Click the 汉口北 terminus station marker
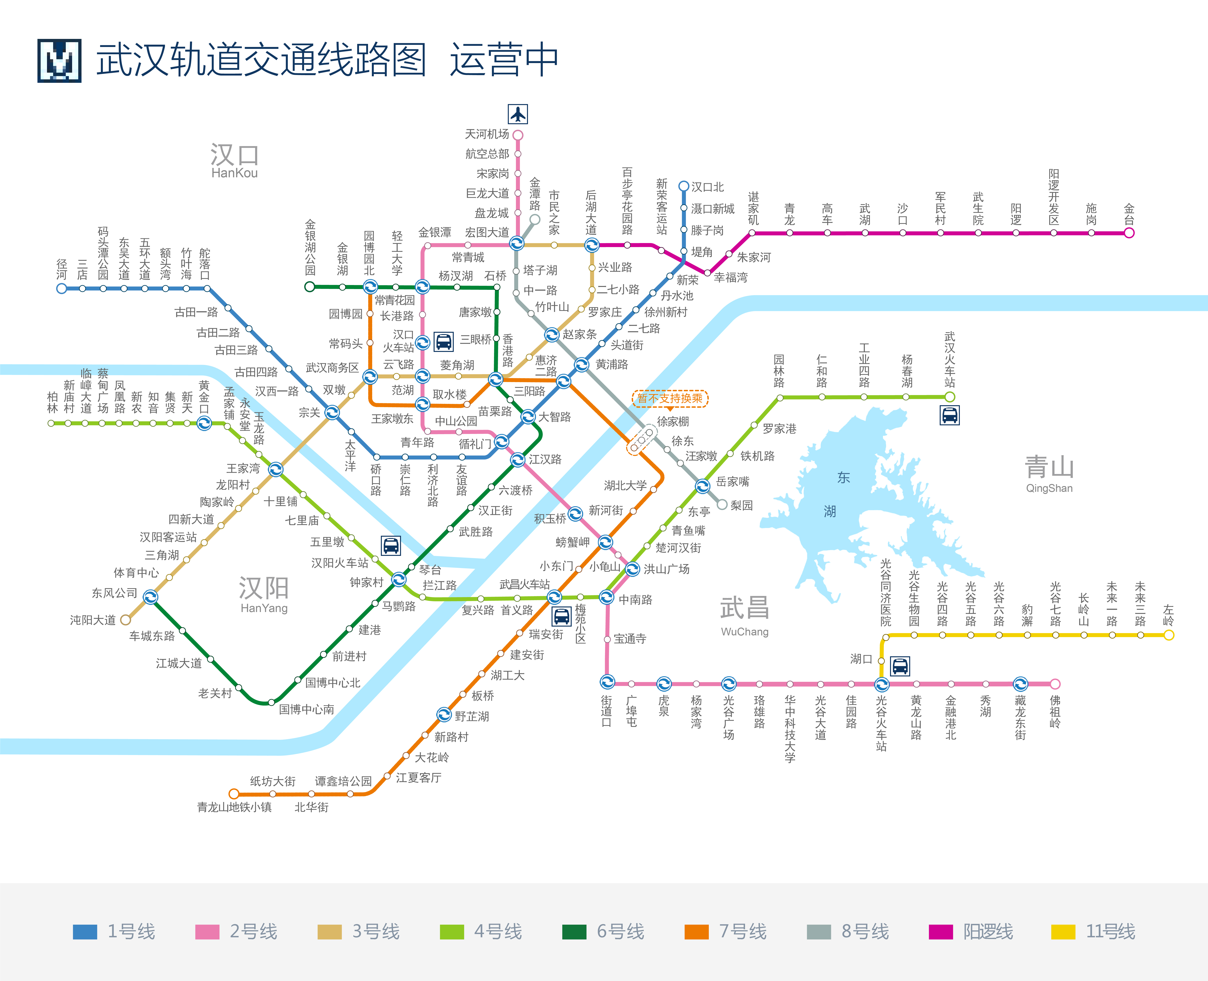pyautogui.click(x=683, y=186)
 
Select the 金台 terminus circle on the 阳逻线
pyautogui.click(x=1129, y=233)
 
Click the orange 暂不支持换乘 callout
pyautogui.click(x=670, y=398)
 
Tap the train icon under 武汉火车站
pyautogui.click(x=950, y=415)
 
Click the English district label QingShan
pyautogui.click(x=1049, y=488)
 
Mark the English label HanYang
pyautogui.click(x=264, y=608)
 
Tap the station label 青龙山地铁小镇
pyautogui.click(x=234, y=807)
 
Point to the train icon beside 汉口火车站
pyautogui.click(x=444, y=341)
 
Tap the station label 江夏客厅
pyautogui.click(x=418, y=778)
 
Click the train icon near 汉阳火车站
pyautogui.click(x=391, y=546)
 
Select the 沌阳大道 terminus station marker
pyautogui.click(x=125, y=620)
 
